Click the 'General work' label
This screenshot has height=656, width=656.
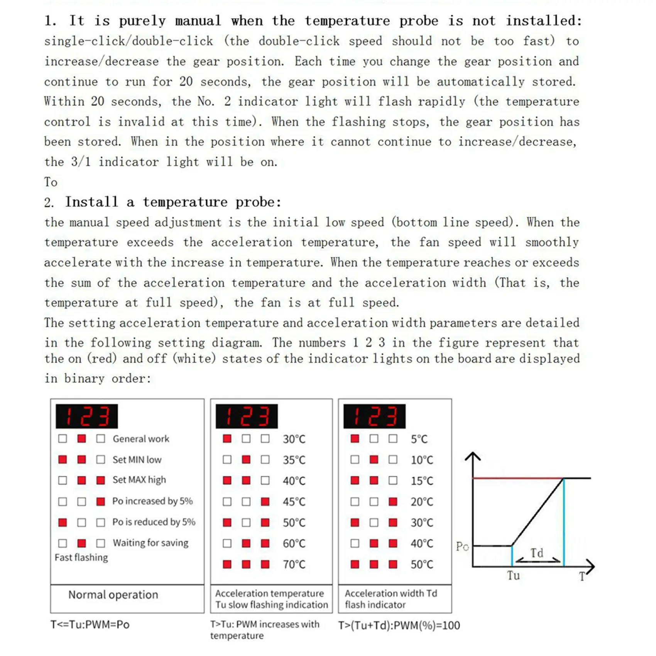pos(141,439)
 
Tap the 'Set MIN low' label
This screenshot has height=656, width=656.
pos(137,460)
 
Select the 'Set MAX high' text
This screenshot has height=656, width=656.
pos(139,480)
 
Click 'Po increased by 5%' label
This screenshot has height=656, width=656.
pos(152,501)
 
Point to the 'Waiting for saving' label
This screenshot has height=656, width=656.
pos(150,543)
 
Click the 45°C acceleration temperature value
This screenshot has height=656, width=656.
pos(294,502)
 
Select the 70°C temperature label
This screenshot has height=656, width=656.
pos(294,565)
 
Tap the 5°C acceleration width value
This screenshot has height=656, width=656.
pos(419,439)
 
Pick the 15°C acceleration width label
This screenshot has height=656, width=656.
pos(422,481)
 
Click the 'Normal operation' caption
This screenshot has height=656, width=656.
pos(113,595)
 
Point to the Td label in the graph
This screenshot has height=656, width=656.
pos(537,553)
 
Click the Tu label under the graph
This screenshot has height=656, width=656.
pos(513,575)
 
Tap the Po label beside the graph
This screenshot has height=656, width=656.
pos(462,546)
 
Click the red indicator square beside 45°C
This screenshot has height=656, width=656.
pos(265,502)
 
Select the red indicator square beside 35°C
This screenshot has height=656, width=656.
pos(246,460)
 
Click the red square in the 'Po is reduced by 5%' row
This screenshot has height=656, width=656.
pos(63,522)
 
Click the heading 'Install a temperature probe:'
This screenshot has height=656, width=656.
pos(173,202)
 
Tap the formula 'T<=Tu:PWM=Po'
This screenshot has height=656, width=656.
pos(90,624)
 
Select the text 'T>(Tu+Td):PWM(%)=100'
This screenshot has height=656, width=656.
pos(399,625)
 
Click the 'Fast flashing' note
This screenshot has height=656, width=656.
pos(81,558)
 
